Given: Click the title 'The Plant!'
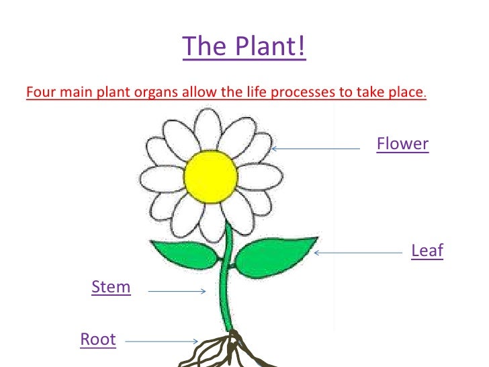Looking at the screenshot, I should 244,47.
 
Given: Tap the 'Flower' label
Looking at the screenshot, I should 402,144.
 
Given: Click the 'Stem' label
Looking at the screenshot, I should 111,288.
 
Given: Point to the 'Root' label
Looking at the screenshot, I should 98,339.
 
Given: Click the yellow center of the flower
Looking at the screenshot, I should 210,176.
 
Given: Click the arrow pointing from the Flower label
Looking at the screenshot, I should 316,149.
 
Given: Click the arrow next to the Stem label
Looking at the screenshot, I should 176,291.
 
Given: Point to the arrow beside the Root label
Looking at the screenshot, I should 161,341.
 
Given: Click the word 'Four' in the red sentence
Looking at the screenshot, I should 39,92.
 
